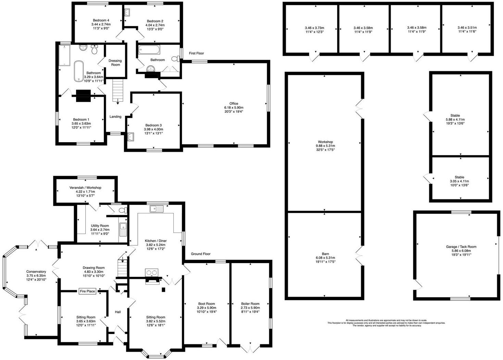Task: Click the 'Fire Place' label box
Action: click(87, 291)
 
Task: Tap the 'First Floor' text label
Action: click(196, 53)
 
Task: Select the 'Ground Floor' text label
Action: click(200, 254)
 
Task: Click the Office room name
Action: click(234, 103)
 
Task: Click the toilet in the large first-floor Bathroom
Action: click(95, 50)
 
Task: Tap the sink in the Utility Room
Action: click(123, 229)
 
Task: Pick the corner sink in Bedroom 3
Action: click(131, 137)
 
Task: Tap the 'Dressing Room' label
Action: click(115, 63)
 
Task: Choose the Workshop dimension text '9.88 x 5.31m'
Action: click(325, 146)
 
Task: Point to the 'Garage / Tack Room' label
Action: click(461, 247)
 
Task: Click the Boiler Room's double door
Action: click(250, 348)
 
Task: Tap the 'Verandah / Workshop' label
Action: click(85, 188)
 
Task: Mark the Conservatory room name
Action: click(36, 272)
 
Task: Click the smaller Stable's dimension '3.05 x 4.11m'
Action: click(459, 181)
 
